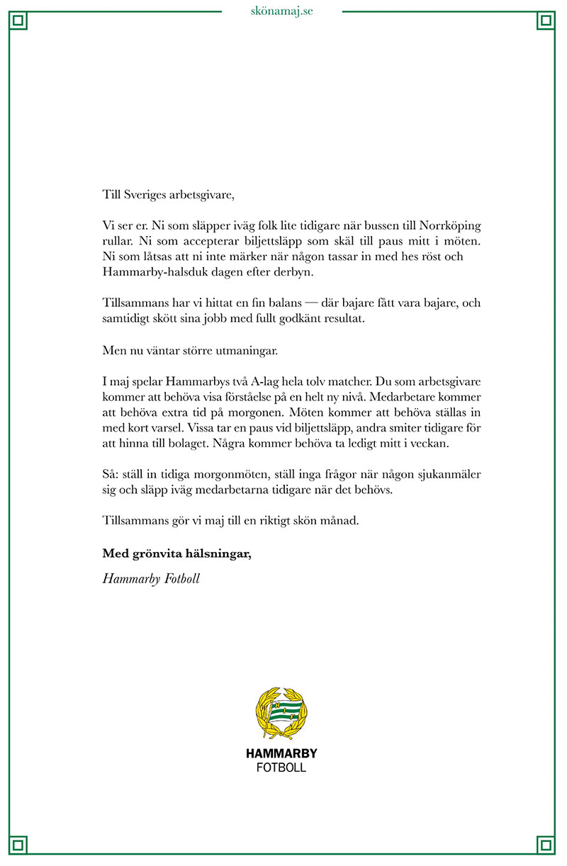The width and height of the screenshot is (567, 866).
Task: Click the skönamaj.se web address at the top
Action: [x=282, y=11]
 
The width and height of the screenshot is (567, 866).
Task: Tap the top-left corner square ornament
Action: [x=19, y=21]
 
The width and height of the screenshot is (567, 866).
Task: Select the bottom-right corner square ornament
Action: [x=546, y=844]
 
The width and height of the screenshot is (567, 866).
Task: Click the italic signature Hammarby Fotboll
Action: [x=151, y=579]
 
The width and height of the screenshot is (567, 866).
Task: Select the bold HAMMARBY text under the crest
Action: [x=281, y=754]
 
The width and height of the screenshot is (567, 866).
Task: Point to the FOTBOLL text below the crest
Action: [x=281, y=768]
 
